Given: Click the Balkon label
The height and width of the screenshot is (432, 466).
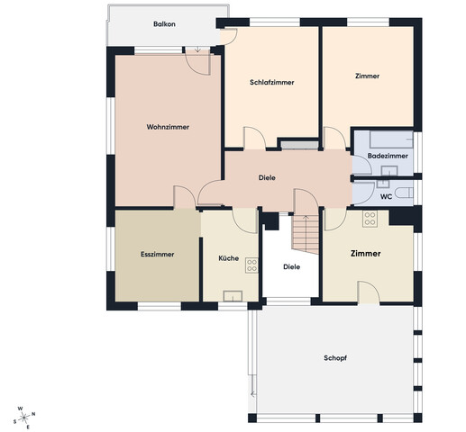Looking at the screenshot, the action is coord(164,24).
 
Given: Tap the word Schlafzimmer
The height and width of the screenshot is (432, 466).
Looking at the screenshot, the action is coord(272,82).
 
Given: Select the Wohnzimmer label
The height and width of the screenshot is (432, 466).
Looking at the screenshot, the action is coord(168,127).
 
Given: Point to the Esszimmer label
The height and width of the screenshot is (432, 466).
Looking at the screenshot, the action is coord(158,255).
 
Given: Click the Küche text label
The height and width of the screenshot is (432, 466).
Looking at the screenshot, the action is coord(229,258).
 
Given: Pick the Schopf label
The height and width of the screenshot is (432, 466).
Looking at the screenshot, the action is coord(335,358).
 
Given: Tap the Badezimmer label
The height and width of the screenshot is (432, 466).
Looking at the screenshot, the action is coord(388,156).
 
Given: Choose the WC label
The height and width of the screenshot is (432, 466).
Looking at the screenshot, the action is coord(386,197).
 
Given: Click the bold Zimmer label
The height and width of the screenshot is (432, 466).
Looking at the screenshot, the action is coord(366,254).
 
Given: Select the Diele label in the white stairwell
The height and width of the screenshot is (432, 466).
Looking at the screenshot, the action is coord(292,266).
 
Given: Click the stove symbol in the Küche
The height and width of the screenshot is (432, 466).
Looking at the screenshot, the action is coord(251,265).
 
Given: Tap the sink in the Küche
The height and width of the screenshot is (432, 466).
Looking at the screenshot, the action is coord(233,296).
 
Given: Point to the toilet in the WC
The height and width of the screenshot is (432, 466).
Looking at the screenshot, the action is coord(405,193).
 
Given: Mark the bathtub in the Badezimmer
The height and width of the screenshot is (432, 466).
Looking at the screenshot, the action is coord(391,139).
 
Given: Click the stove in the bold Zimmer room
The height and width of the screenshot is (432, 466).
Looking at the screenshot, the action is coord(370,219).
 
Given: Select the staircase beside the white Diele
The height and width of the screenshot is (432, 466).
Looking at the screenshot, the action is coord(306,235).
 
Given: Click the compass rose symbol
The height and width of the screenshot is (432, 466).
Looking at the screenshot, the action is coord(24,417).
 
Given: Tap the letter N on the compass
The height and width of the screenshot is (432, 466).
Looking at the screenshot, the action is coord(33,414).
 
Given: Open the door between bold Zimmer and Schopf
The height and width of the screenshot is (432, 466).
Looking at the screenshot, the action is coord(369,292).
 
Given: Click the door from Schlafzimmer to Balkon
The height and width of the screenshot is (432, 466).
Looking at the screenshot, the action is coord(229,37).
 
